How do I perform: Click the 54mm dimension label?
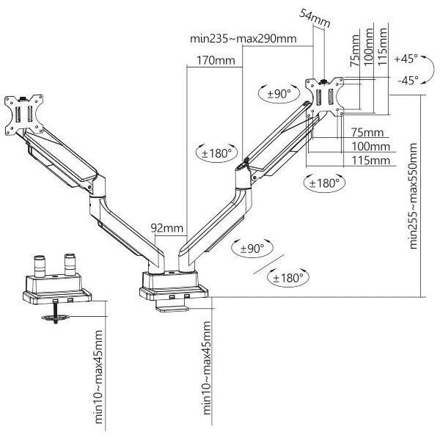[315, 18]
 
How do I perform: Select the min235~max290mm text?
[243, 38]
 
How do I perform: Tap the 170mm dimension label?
[216, 60]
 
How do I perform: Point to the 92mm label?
[167, 228]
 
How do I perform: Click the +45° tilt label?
[406, 59]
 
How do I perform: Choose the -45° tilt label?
[408, 81]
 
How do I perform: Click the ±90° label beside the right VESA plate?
[279, 94]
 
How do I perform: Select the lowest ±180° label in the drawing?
[288, 278]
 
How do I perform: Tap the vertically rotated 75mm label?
[355, 51]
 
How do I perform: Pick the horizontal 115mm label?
[371, 161]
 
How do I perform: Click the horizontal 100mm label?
[371, 147]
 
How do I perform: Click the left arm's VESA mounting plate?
[24, 114]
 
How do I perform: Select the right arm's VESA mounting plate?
[325, 97]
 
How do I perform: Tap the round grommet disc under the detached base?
[56, 318]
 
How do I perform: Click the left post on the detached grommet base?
[40, 265]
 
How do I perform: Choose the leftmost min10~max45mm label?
[98, 377]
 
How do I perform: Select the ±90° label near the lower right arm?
[252, 249]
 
